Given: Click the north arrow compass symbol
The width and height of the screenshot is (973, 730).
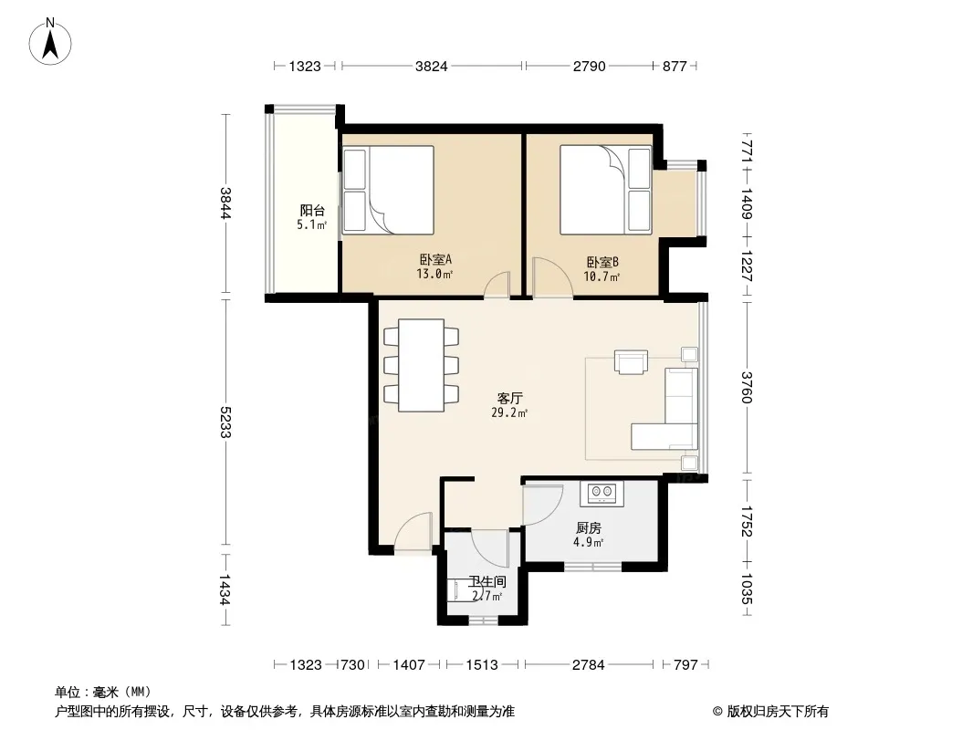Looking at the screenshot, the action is click(x=50, y=41).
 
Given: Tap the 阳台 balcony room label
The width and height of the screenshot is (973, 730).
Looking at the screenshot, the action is click(x=312, y=211).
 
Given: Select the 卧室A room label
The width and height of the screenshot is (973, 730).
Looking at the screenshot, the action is click(x=435, y=260).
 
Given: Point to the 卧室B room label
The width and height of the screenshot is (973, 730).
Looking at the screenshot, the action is click(x=602, y=263).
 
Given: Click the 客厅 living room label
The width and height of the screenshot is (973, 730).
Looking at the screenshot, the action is click(x=509, y=398).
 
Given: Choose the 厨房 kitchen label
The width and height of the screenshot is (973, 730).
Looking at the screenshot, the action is click(x=588, y=527).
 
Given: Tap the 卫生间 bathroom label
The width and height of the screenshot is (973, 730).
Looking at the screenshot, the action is click(x=487, y=582).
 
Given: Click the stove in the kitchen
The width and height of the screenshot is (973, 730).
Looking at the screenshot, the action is click(x=602, y=493).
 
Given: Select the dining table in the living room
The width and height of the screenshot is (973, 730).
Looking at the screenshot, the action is click(x=422, y=365).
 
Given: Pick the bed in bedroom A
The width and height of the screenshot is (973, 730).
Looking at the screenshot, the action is click(x=389, y=190).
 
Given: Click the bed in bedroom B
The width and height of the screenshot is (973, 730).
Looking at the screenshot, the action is click(x=606, y=190).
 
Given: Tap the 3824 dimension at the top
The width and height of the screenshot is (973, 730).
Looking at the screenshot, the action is click(x=431, y=66).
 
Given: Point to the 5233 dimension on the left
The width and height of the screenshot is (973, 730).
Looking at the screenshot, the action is click(x=225, y=422).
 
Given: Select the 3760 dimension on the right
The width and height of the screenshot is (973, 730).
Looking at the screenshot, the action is click(x=747, y=388).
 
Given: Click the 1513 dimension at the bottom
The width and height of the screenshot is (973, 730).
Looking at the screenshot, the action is click(x=482, y=665).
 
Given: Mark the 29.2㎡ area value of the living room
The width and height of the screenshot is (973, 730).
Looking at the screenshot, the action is click(x=509, y=412).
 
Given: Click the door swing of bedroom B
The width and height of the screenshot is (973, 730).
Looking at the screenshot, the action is click(x=550, y=276).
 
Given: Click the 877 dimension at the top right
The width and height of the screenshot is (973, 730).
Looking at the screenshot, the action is click(x=675, y=66).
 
